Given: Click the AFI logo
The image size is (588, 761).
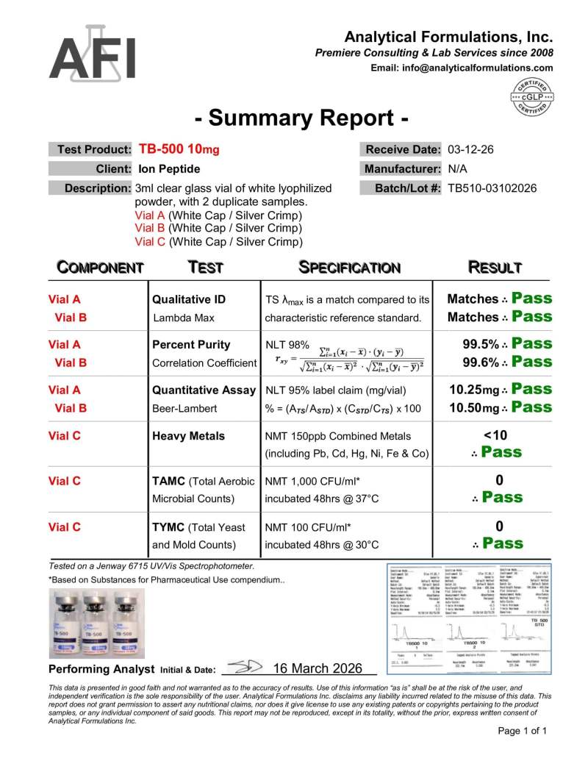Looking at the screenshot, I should pyautogui.click(x=92, y=55).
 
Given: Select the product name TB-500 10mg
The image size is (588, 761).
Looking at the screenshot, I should pyautogui.click(x=179, y=149).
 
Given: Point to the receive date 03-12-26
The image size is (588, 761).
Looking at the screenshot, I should pyautogui.click(x=470, y=150).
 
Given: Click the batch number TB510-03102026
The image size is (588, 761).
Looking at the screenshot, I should pyautogui.click(x=492, y=188).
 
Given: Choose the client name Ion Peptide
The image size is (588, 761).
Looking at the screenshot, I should pyautogui.click(x=169, y=168).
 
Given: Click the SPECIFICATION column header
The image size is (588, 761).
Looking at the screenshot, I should pyautogui.click(x=350, y=268).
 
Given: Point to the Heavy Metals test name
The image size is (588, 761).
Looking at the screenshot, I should pyautogui.click(x=188, y=436).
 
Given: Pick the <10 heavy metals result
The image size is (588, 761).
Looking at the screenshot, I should pyautogui.click(x=500, y=435).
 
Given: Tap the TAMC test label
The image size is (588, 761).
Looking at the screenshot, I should pyautogui.click(x=168, y=482).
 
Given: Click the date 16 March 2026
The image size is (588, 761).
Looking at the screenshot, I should pyautogui.click(x=318, y=668).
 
